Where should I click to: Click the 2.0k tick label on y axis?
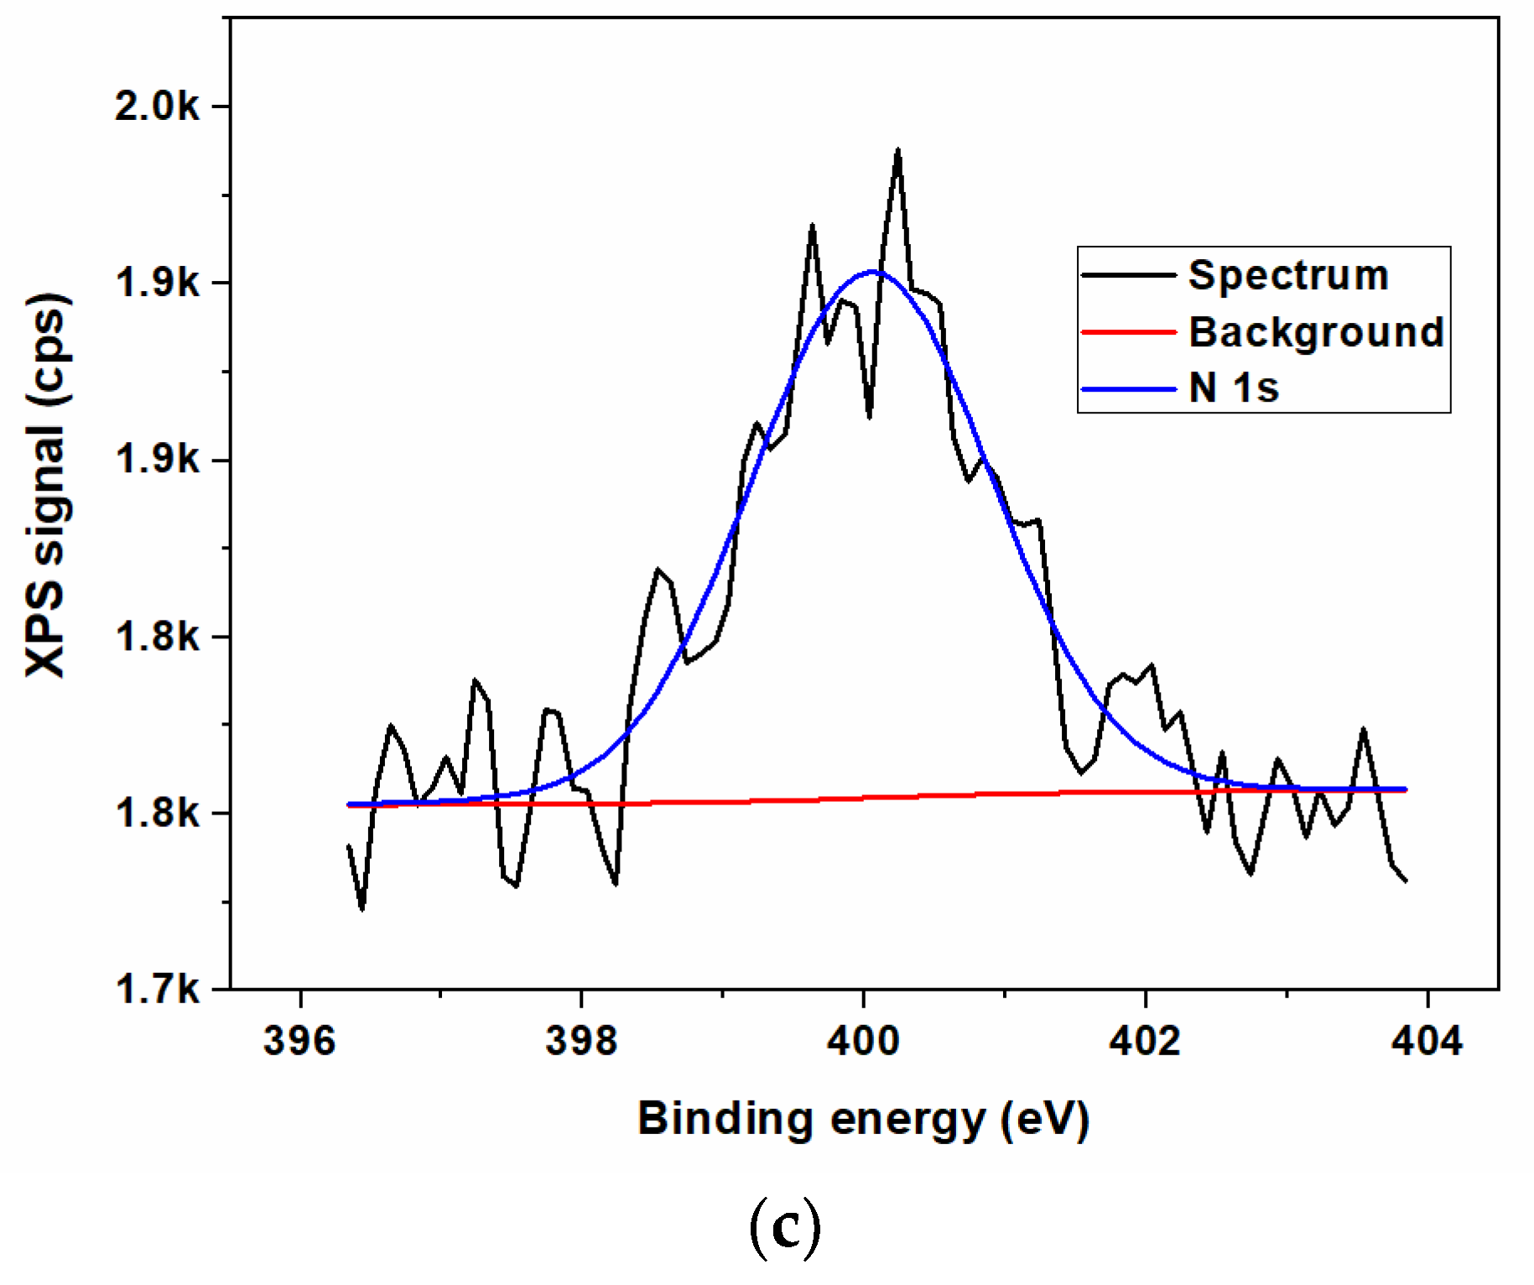click(157, 107)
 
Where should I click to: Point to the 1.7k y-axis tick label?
click(157, 990)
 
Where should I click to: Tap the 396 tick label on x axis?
click(299, 1041)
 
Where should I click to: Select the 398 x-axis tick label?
click(581, 1041)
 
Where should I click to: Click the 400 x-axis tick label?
click(863, 1041)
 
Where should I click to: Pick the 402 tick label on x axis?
click(1145, 1041)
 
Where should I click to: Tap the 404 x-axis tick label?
click(1427, 1041)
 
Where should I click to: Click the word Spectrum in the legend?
click(1288, 275)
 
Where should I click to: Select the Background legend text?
click(1316, 332)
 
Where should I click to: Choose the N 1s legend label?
click(1234, 388)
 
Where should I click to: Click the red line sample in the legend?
click(1129, 332)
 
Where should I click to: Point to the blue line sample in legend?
click(1129, 389)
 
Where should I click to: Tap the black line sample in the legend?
click(1129, 275)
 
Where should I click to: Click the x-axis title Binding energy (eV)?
click(863, 1119)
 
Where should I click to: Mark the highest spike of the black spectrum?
click(898, 151)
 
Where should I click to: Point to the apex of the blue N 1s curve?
click(872, 272)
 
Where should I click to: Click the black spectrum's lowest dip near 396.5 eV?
click(361, 908)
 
